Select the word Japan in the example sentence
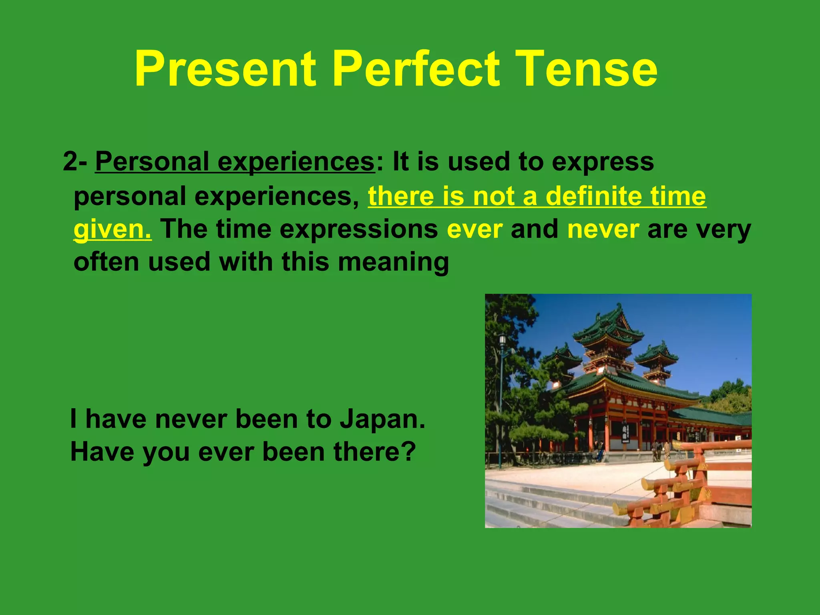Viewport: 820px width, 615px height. [382, 419]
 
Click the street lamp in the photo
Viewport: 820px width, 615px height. [502, 344]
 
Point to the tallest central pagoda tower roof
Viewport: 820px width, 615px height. [608, 320]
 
